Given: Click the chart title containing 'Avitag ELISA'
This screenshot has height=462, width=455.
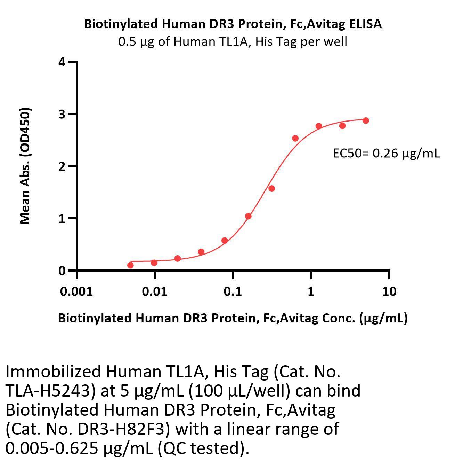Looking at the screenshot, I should click(233, 24).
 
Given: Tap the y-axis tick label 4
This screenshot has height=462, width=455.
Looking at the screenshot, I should click(62, 62).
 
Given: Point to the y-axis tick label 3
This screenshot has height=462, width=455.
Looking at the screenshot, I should click(62, 114).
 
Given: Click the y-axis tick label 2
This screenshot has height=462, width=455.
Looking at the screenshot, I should click(62, 166).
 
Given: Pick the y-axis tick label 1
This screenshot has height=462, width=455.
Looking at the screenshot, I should click(62, 218).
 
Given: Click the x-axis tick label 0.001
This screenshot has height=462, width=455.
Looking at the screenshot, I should click(76, 291).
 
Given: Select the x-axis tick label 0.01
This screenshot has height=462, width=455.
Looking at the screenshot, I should click(155, 291).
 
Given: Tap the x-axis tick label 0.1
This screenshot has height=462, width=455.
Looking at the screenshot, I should click(233, 291).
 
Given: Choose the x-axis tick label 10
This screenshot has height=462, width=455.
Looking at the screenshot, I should click(389, 291).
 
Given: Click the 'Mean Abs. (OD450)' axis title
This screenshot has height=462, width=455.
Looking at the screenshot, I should click(25, 165).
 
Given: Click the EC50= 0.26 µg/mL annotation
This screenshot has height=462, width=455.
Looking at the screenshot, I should click(386, 153).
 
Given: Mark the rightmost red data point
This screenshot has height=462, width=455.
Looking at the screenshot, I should click(366, 120).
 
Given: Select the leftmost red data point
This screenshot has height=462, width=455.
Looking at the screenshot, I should click(130, 265).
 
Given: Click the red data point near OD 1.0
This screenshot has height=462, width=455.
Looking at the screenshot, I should click(248, 216).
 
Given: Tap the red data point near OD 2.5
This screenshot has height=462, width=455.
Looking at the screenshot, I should click(295, 138).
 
